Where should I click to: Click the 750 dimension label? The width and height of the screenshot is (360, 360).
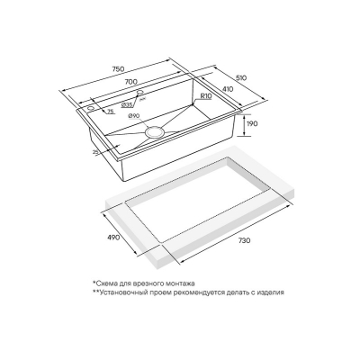(x=118, y=68)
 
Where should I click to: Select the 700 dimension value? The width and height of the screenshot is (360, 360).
(x=131, y=82)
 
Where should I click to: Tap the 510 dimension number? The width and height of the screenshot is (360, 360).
(x=241, y=78)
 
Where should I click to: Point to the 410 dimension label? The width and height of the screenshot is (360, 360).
(x=228, y=89)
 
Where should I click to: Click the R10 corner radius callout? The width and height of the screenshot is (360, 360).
(x=206, y=96)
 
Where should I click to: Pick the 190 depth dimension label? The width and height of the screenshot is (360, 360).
(x=252, y=123)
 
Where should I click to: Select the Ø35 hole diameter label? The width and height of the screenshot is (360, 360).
(x=128, y=105)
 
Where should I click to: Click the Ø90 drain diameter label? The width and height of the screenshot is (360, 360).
(x=133, y=115)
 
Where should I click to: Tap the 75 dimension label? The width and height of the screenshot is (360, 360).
(x=111, y=112)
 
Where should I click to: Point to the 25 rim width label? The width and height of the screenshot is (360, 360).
(x=95, y=152)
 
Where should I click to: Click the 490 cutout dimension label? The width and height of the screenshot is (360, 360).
(x=114, y=238)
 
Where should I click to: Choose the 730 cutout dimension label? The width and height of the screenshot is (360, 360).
(x=244, y=241)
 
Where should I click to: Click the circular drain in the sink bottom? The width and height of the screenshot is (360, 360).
(x=155, y=131)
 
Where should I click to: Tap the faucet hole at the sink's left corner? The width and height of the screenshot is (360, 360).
(x=91, y=108)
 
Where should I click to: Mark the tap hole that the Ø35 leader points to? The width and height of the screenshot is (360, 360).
(x=140, y=92)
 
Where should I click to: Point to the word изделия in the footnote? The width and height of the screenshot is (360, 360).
(x=271, y=292)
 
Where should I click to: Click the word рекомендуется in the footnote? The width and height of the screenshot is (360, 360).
(x=195, y=292)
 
